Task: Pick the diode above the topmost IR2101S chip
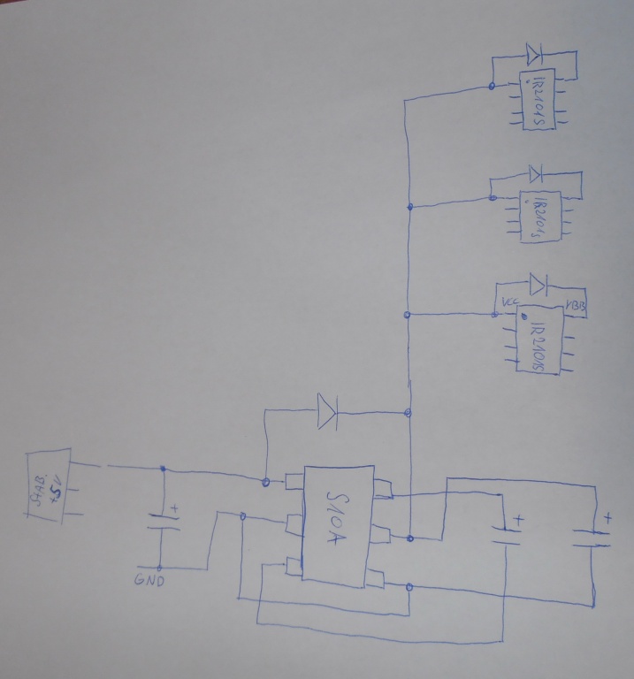pos(532,55)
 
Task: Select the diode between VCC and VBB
pos(537,284)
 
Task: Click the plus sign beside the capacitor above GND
pos(174,509)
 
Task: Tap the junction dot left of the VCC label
pos(495,312)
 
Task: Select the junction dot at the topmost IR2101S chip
pos(492,86)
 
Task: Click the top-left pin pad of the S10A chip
pos(293,482)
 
